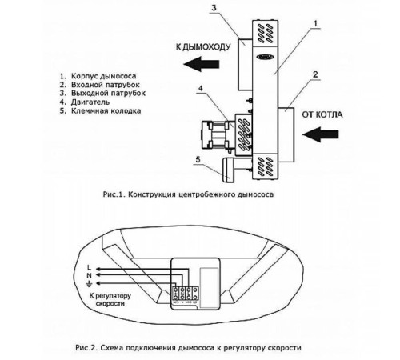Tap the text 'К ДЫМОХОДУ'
(x=202, y=46)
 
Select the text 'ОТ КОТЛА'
(x=323, y=114)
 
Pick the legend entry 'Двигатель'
(x=85, y=102)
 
